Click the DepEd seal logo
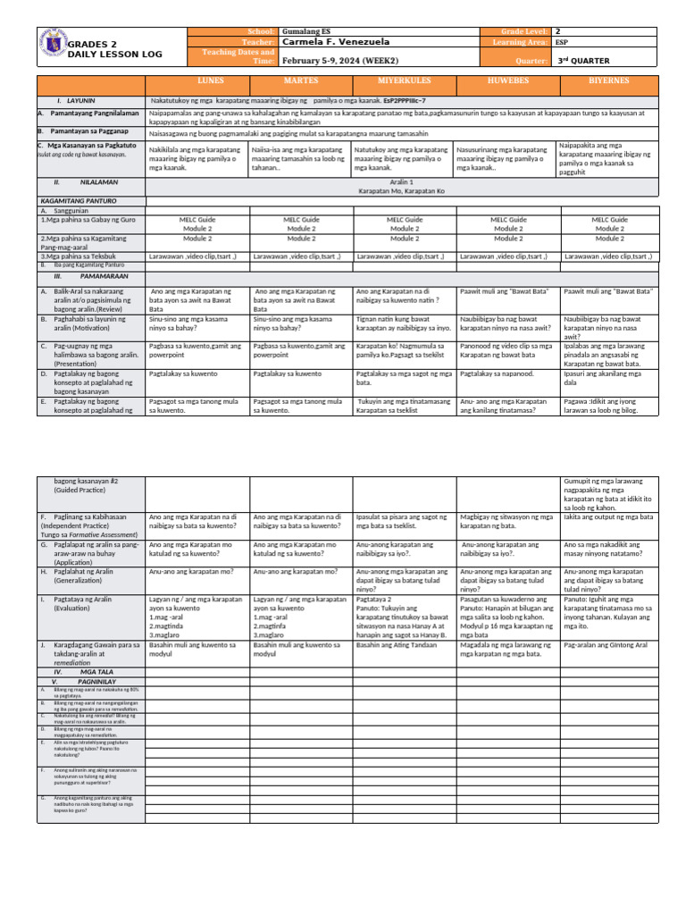[x=53, y=46]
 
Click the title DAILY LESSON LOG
[x=115, y=55]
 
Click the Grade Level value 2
[x=558, y=31]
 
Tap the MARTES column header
[x=301, y=81]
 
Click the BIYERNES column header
[x=609, y=81]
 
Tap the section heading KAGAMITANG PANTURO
[x=78, y=202]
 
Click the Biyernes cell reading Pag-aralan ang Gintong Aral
[x=606, y=644]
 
